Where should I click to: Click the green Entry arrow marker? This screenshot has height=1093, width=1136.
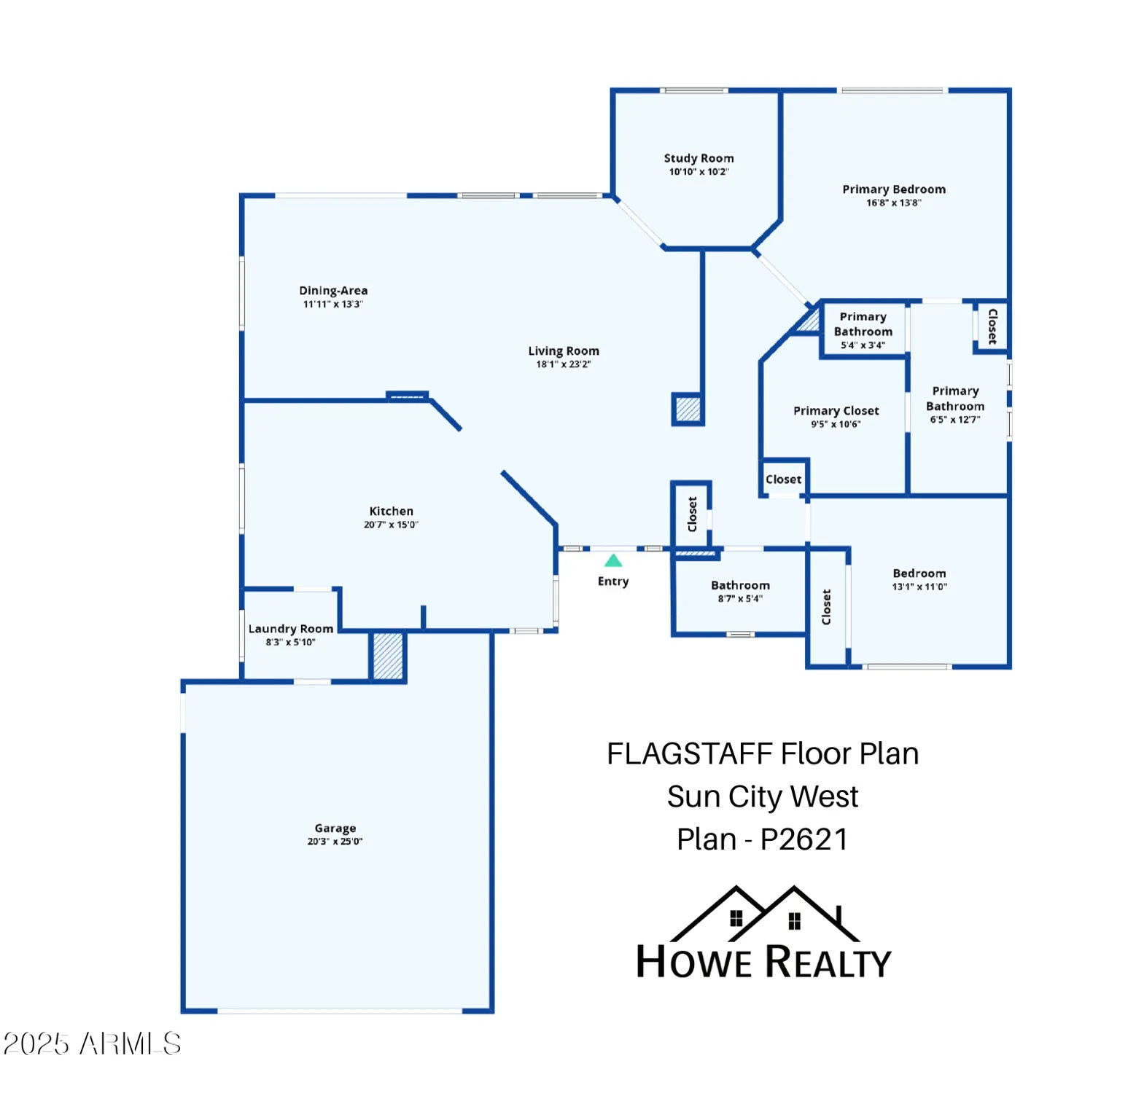click(x=613, y=560)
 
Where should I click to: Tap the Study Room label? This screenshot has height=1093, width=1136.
click(x=699, y=158)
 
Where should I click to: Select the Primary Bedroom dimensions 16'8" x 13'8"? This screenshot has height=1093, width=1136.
click(x=893, y=203)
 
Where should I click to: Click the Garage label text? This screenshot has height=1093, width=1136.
click(x=335, y=828)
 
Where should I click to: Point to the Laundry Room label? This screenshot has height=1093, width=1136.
click(x=291, y=629)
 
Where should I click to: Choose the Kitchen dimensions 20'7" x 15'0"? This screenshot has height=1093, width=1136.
click(x=391, y=525)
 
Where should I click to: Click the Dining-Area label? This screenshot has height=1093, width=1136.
click(x=333, y=291)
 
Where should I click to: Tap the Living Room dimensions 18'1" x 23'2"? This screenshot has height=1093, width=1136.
click(x=564, y=364)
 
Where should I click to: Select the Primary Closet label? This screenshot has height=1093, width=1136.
click(x=836, y=411)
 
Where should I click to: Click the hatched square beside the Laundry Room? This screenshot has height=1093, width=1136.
click(x=388, y=657)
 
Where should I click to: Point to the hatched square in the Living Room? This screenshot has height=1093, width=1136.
click(x=688, y=409)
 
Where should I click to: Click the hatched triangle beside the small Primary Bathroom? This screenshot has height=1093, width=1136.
click(x=810, y=321)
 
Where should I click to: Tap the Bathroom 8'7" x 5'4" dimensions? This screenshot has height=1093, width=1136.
click(x=740, y=599)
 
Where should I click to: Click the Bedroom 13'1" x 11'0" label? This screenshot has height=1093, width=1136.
click(x=919, y=573)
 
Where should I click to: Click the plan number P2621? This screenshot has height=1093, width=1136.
click(x=804, y=839)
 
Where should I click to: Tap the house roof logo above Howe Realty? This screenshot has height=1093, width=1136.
click(x=764, y=914)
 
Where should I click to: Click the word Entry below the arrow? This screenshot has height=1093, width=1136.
click(x=613, y=581)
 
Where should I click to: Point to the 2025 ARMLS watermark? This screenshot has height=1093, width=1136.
click(x=92, y=1043)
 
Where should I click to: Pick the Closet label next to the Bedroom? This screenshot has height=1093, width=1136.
click(x=826, y=607)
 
